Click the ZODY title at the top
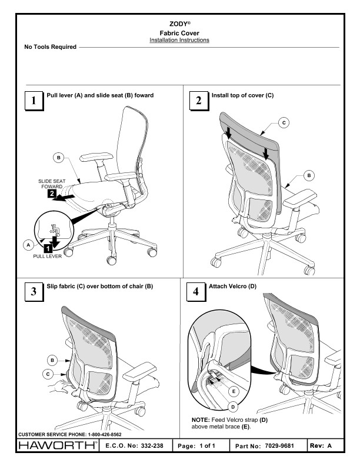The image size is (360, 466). point(179,24)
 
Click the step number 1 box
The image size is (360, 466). point(34,101)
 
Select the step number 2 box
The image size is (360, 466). point(199,101)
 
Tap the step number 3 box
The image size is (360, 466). point(34,292)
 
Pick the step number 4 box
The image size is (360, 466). point(196,292)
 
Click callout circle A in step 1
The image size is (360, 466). point(28,245)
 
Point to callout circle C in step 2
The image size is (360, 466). point(284,123)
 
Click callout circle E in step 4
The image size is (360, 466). point(234,391)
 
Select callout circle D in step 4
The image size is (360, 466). point(233,407)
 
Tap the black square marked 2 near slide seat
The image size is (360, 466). point(52,194)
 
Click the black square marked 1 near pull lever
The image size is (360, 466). point(48,248)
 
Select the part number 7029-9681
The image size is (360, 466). point(279,446)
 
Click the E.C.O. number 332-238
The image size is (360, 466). point(152,445)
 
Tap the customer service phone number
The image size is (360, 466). point(105,434)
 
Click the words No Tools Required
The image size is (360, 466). point(51,46)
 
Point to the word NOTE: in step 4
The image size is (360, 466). point(201,420)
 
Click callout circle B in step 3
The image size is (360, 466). point(52,361)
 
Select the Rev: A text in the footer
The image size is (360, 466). point(321,445)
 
